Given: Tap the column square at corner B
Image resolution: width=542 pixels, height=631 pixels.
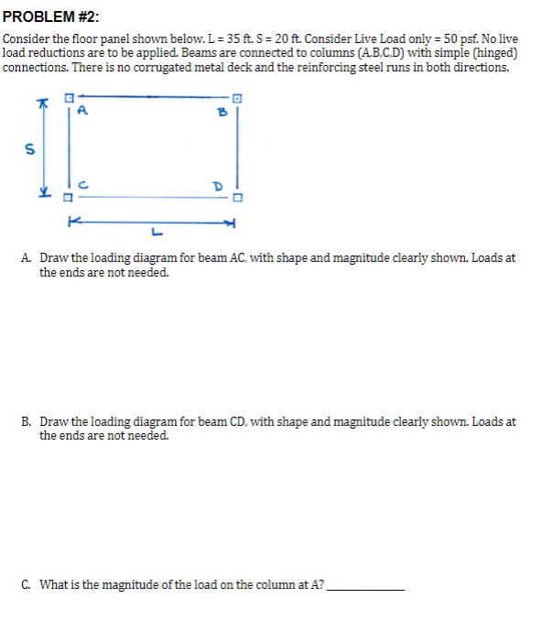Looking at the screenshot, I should click(x=237, y=98).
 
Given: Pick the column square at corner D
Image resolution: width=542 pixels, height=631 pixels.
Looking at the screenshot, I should click(x=238, y=196).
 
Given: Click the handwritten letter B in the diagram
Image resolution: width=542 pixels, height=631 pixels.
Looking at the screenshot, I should click(x=221, y=114).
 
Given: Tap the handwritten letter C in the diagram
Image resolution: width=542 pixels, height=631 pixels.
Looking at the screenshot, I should click(x=82, y=184).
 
